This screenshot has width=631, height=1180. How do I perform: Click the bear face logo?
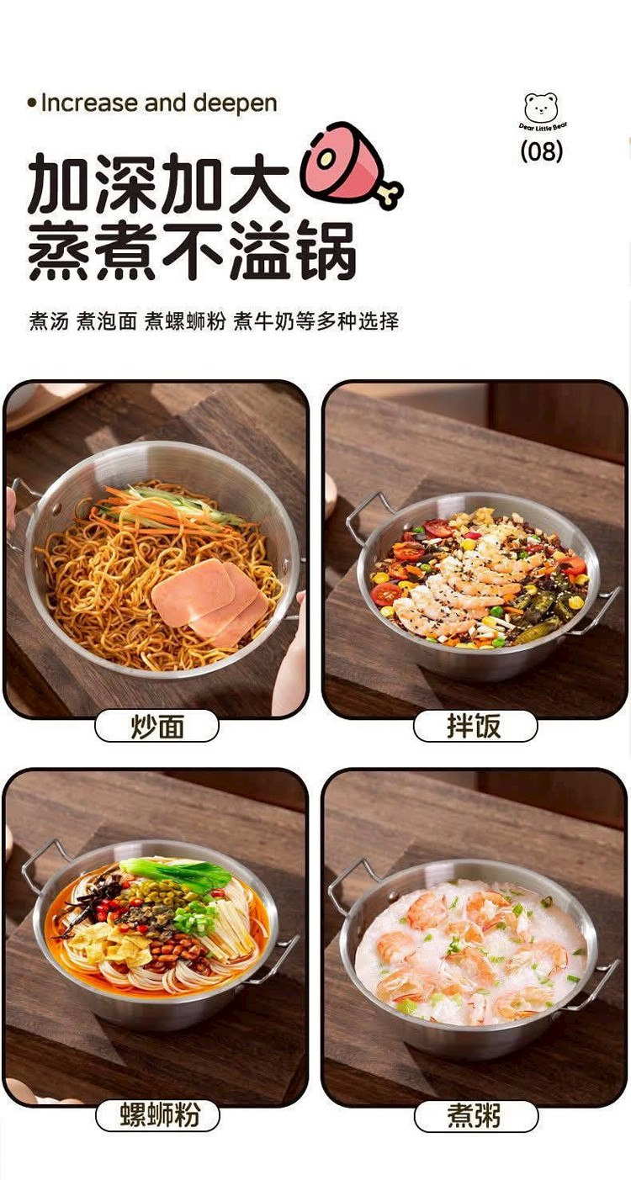tap(541, 108)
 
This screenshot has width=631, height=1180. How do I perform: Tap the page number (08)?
tap(541, 151)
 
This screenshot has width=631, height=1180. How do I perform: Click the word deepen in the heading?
tap(235, 103)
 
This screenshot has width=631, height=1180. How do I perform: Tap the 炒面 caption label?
tap(156, 727)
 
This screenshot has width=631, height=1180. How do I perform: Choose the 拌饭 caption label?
tap(475, 727)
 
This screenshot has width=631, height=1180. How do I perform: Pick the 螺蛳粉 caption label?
tap(157, 1115)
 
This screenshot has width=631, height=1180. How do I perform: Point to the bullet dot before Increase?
tap(32, 103)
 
